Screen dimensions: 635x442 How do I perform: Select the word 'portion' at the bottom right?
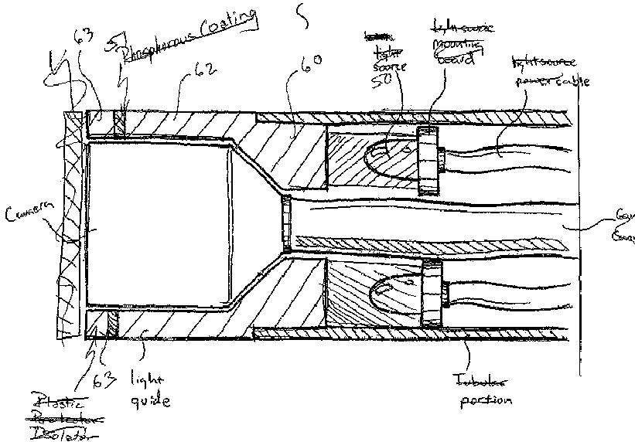[485, 400]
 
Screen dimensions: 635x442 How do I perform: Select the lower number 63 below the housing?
[104, 379]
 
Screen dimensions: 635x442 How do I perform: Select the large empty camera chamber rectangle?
[159, 224]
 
